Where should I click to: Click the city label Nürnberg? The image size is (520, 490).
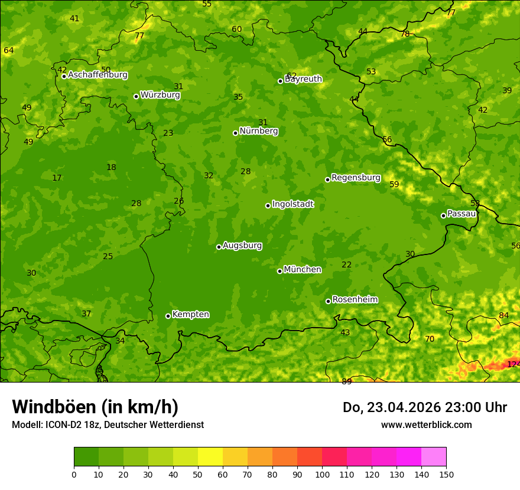point(258,131)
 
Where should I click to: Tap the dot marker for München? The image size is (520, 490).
point(279,271)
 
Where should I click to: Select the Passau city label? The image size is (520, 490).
point(461,214)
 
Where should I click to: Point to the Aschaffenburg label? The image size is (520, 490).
point(97,75)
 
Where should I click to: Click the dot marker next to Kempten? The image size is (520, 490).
point(168,316)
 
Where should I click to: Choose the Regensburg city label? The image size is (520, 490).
point(356,178)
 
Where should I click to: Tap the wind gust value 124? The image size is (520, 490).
point(513,364)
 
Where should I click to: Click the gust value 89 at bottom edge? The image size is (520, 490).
point(346,381)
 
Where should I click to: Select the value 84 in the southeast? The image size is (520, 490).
point(503,316)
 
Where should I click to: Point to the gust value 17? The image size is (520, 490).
point(57,178)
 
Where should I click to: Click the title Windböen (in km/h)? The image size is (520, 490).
point(95,407)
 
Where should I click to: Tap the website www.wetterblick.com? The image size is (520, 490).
point(426,424)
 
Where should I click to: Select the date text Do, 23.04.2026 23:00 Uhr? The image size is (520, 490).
point(424,407)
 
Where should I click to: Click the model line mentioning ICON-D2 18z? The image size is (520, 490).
point(108,424)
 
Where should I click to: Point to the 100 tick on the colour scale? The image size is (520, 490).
point(322,474)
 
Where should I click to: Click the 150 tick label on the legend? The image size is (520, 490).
point(446,474)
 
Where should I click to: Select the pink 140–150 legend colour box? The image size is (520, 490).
point(434,457)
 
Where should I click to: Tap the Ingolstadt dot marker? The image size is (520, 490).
point(268,205)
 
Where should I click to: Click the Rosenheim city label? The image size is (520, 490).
point(355,300)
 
